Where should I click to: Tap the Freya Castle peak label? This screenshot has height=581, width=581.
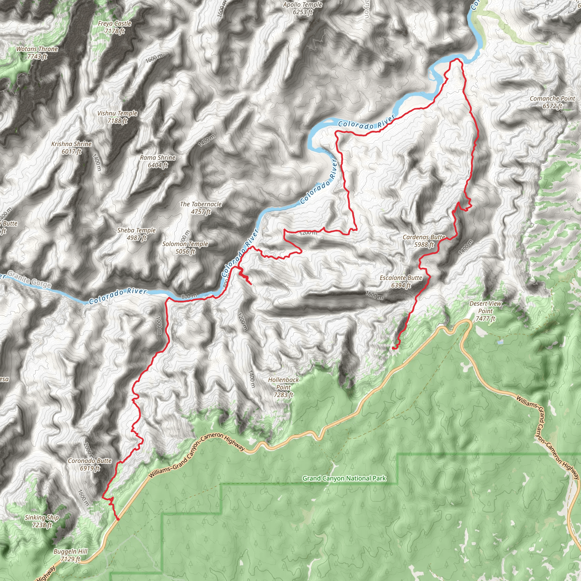click(115, 27)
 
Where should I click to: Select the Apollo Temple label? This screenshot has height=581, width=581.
click(302, 8)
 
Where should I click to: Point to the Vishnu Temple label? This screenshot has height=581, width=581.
click(117, 117)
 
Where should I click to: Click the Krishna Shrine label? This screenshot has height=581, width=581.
click(71, 147)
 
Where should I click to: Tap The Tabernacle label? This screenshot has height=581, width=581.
click(201, 208)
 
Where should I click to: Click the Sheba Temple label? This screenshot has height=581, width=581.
click(136, 234)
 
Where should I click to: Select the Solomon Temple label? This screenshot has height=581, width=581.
click(185, 247)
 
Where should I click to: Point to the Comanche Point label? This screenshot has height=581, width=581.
click(552, 102)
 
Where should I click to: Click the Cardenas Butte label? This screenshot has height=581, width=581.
click(424, 241)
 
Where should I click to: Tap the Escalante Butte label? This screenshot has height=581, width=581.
click(401, 281)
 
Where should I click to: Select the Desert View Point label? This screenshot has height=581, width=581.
click(485, 311)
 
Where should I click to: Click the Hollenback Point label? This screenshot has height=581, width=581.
click(283, 387)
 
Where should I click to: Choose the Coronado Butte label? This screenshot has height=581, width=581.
click(90, 464)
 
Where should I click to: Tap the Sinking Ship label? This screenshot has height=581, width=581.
click(42, 521)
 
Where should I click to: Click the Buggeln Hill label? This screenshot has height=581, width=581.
click(70, 555)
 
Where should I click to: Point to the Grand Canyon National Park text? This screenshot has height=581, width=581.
click(344, 478)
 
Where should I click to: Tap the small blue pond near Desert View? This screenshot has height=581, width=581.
click(500, 342)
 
